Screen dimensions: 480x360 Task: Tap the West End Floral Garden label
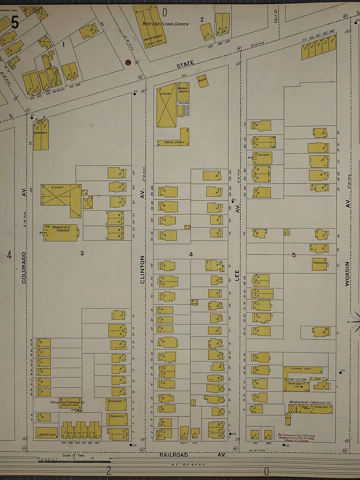[x=165, y=23]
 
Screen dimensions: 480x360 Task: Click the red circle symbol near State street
[x=127, y=62]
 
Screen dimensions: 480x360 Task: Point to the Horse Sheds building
[x=174, y=141]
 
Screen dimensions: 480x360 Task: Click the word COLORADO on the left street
[x=23, y=267]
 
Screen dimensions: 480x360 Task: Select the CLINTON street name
[x=142, y=270]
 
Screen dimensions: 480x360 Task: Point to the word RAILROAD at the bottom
[x=173, y=454]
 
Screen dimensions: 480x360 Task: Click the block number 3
[x=82, y=253]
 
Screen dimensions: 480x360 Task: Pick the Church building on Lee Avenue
[x=262, y=157]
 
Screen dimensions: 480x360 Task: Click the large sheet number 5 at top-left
[x=14, y=22]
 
